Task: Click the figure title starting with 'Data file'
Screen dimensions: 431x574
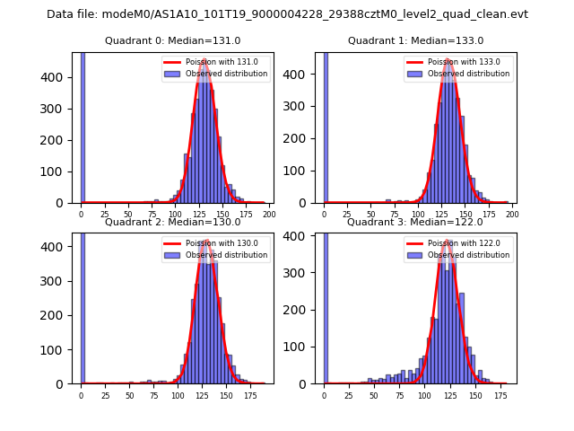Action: point(287,14)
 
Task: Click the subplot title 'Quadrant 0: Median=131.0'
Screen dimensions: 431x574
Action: point(172,40)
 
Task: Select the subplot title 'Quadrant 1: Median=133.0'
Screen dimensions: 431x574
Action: point(415,40)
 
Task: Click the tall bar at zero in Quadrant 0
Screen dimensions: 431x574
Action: point(83,126)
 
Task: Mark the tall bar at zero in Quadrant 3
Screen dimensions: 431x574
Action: point(326,305)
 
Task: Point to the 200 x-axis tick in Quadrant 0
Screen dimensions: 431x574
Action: point(268,215)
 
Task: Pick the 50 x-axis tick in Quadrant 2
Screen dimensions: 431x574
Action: point(129,395)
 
